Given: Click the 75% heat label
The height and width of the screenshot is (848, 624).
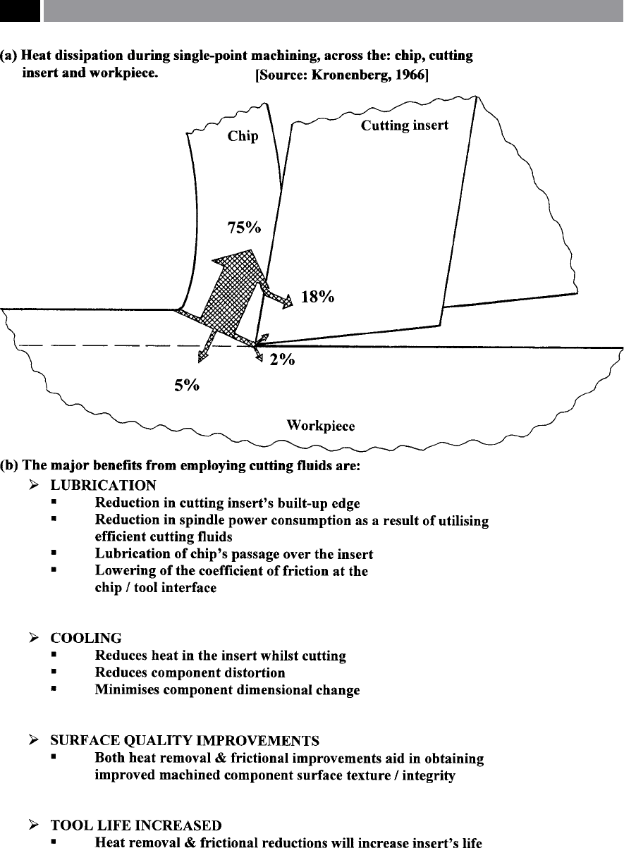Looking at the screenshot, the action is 244,228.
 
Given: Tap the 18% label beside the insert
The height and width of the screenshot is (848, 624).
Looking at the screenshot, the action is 317,297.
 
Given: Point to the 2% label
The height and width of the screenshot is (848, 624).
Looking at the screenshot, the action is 282,360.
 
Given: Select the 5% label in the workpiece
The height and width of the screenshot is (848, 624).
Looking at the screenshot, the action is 187,386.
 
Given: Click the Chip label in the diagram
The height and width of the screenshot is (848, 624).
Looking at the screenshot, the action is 243,136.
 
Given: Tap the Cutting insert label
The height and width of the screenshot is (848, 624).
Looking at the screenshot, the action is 405,125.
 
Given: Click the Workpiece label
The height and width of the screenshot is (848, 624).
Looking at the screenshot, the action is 321,426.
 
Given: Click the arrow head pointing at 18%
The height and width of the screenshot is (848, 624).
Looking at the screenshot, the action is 288,301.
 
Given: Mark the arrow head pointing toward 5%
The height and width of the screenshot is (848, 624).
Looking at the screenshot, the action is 202,356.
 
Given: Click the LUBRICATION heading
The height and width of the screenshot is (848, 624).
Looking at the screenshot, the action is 104,486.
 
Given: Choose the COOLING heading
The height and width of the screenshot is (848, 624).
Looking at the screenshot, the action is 86,638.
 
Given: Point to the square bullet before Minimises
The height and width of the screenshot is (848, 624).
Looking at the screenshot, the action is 54,689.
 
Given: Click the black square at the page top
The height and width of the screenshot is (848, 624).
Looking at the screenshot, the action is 20,11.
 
